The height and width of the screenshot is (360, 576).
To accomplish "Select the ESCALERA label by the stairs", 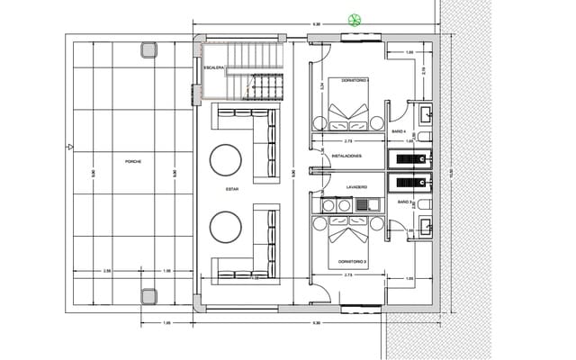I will (213, 68).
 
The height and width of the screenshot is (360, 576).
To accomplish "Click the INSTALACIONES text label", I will (346, 156).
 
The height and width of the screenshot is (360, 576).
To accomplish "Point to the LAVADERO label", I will (356, 187).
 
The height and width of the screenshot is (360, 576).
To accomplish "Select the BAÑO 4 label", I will (404, 131).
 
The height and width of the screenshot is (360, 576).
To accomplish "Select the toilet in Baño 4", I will (426, 137).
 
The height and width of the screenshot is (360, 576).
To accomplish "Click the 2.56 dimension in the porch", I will (106, 270).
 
